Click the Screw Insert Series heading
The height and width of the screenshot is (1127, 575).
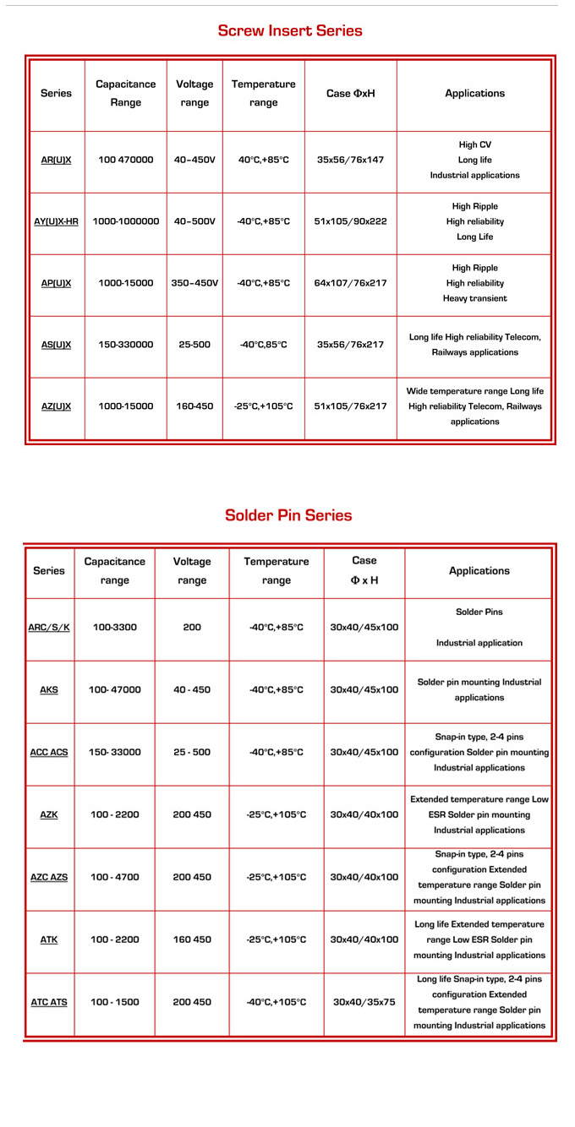pyautogui.click(x=290, y=31)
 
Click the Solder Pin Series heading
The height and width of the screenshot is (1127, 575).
pyautogui.click(x=288, y=515)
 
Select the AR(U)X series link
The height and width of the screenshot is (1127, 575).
pyautogui.click(x=56, y=160)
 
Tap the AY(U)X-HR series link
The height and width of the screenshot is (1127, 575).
pyautogui.click(x=56, y=221)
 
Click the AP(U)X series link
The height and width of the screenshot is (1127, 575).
pyautogui.click(x=56, y=283)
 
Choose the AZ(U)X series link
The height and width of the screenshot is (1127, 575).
pyautogui.click(x=56, y=406)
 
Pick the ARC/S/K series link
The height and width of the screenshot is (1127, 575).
pyautogui.click(x=49, y=628)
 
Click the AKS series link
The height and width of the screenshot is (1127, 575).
pyautogui.click(x=49, y=690)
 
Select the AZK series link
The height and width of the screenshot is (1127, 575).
pyautogui.click(x=49, y=815)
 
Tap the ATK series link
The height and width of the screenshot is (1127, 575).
pyautogui.click(x=49, y=939)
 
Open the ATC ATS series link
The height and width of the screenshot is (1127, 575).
pyautogui.click(x=49, y=1002)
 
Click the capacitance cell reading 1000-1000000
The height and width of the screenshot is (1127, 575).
pyautogui.click(x=126, y=221)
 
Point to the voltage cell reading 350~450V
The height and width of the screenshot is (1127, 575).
pyautogui.click(x=194, y=283)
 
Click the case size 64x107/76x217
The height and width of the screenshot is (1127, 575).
pyautogui.click(x=350, y=283)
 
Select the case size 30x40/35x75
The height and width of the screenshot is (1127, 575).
pyautogui.click(x=364, y=1002)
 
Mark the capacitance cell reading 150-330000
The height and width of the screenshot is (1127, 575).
pyautogui.click(x=126, y=345)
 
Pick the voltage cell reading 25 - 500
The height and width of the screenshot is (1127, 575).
pyautogui.click(x=192, y=752)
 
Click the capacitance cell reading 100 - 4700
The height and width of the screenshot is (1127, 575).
pyautogui.click(x=115, y=877)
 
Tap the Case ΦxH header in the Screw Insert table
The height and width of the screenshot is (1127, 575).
pyautogui.click(x=350, y=94)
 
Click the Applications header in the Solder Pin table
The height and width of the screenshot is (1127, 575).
pyautogui.click(x=479, y=571)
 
